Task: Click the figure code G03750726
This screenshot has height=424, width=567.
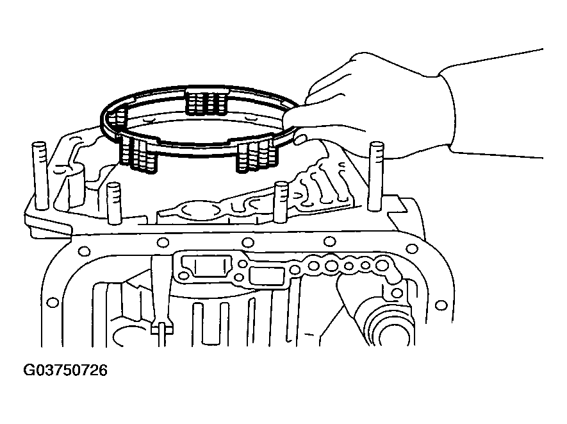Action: tap(65, 371)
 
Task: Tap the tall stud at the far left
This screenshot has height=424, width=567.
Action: tap(40, 176)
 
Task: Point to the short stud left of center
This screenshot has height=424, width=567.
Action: tap(114, 203)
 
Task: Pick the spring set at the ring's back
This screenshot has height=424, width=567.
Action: tap(206, 100)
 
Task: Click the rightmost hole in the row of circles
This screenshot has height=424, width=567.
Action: tap(382, 264)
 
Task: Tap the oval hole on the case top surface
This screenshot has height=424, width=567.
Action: tap(192, 209)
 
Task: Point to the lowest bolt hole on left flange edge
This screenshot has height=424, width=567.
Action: tap(53, 301)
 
